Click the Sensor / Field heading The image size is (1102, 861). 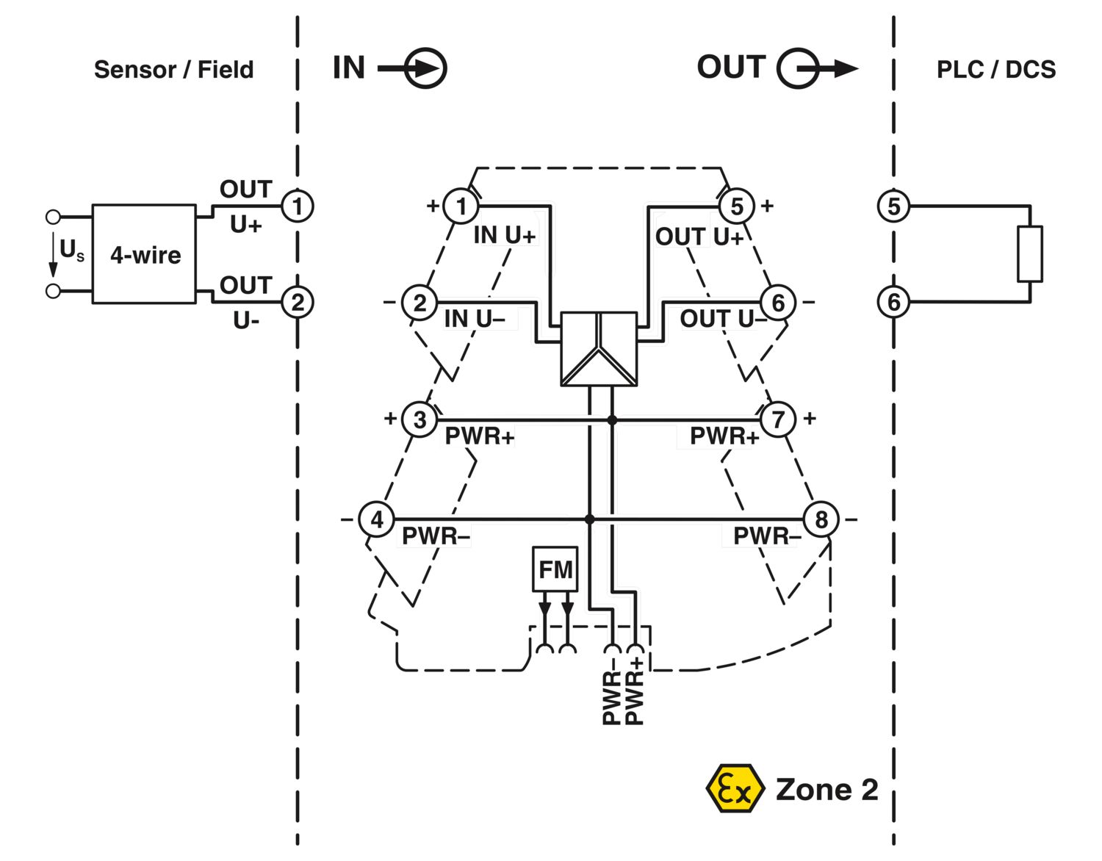[173, 70]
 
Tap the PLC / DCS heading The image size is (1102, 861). [995, 70]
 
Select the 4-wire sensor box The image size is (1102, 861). [144, 254]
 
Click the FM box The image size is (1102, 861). [555, 569]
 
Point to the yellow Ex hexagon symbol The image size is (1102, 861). [734, 788]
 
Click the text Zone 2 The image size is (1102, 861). [826, 790]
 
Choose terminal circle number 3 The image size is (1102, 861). [419, 420]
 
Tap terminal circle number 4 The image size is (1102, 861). [377, 519]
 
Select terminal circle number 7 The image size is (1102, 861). [777, 419]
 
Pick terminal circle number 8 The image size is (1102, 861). [821, 519]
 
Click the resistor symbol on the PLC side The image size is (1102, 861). [1029, 254]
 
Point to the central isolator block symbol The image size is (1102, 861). [599, 349]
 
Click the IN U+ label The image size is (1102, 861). [504, 235]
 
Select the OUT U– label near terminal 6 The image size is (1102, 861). [722, 319]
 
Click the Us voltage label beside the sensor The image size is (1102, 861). [71, 251]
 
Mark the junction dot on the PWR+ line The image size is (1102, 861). [612, 420]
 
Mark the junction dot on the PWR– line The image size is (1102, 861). [589, 519]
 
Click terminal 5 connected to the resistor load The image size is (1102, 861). [893, 206]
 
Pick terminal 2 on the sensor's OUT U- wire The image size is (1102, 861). [297, 302]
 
